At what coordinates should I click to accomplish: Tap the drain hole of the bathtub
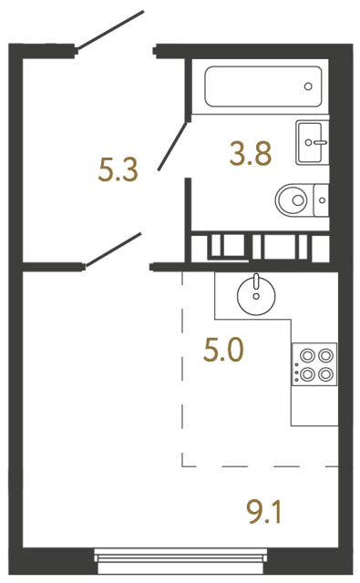(x=308, y=88)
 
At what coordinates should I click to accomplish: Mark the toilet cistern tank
(x=319, y=198)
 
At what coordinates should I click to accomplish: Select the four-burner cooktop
(x=314, y=363)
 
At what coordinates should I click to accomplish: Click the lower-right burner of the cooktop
(x=324, y=373)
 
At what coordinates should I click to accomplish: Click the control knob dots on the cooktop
(x=295, y=365)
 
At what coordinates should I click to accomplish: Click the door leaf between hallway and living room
(x=113, y=250)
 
